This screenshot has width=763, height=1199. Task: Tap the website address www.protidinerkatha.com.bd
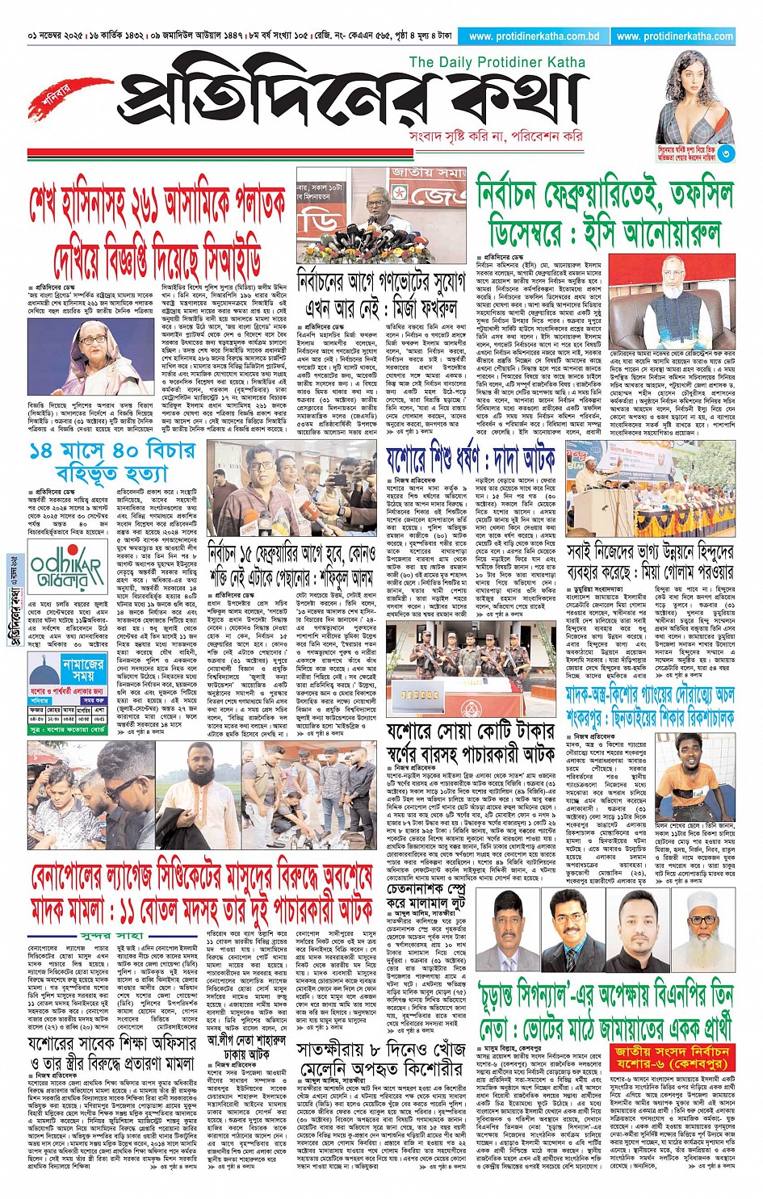[x=534, y=36]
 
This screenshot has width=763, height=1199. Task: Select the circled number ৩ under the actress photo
[x=726, y=153]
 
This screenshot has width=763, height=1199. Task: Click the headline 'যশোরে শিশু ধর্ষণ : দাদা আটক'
[x=471, y=461]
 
